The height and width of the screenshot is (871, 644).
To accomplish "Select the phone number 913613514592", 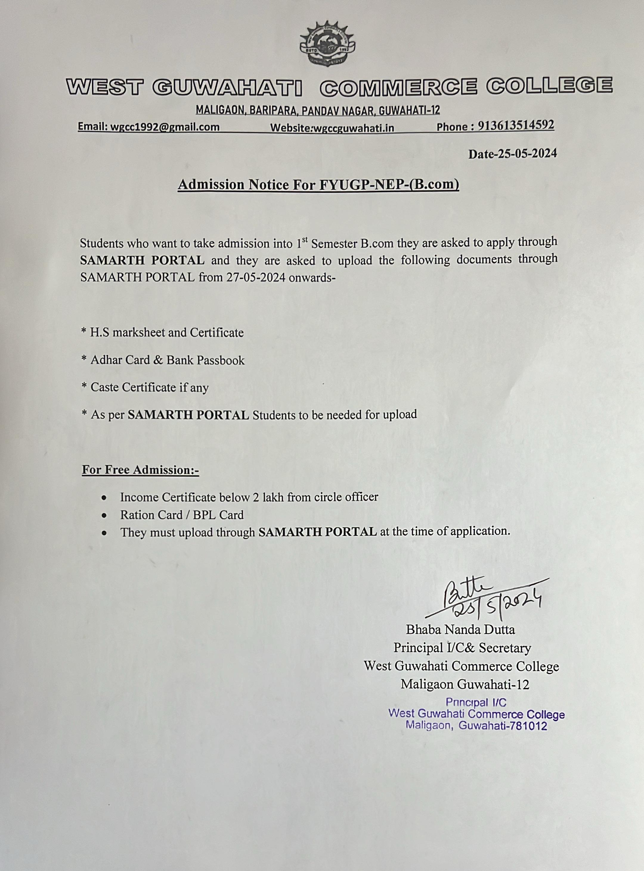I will [x=516, y=125].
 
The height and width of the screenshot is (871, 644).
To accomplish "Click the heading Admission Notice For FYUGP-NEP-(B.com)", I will [x=318, y=184].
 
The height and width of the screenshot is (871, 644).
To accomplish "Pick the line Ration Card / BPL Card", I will [x=182, y=515].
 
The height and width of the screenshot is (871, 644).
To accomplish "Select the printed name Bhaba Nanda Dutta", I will [x=460, y=629].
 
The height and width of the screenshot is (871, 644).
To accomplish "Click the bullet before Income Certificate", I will [x=104, y=498].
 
